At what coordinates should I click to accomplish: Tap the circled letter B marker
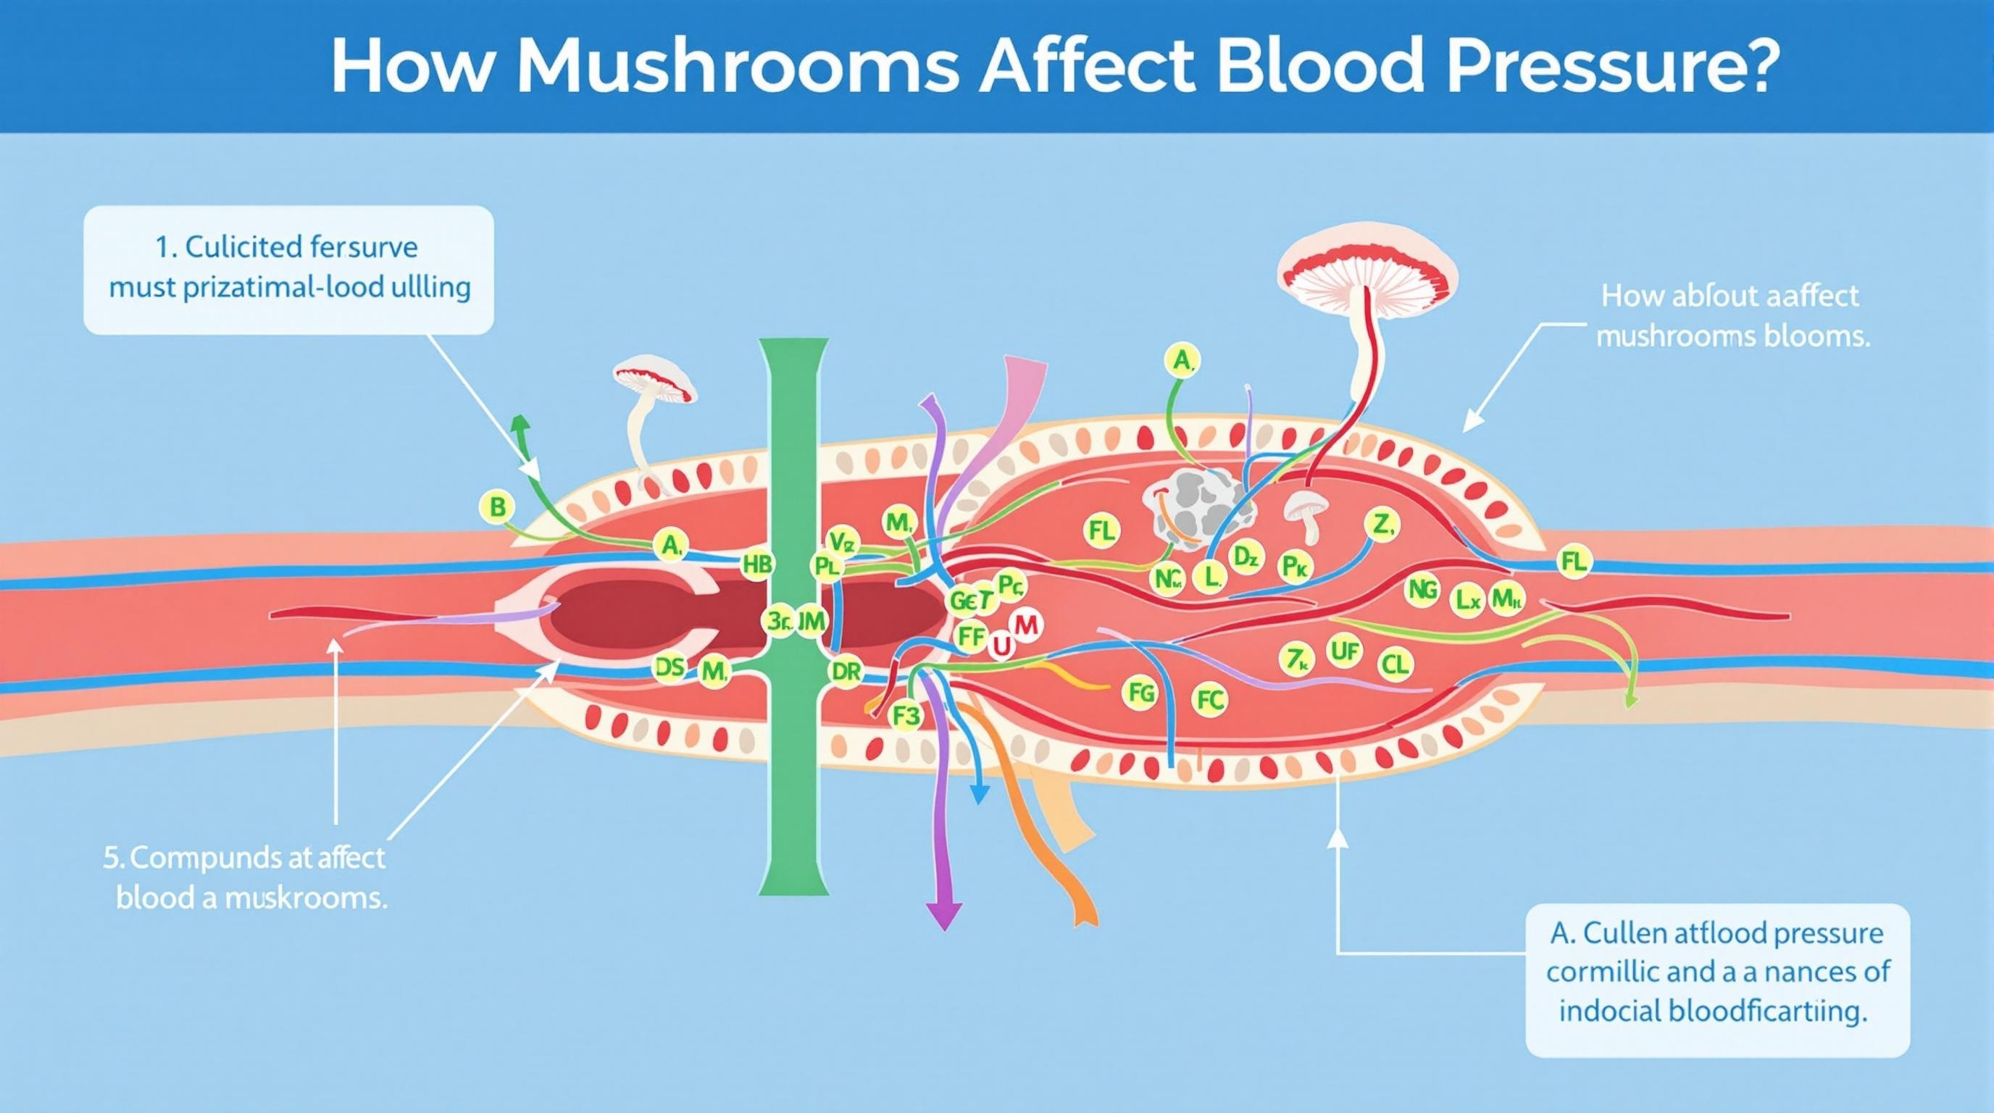pos(498,508)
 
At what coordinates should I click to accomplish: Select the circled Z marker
pos(1383,526)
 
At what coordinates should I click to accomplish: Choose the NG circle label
pos(1423,591)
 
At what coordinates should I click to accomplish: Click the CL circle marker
pos(1396,663)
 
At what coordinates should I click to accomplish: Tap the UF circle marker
pos(1344,651)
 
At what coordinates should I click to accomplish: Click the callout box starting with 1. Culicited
pos(288,270)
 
